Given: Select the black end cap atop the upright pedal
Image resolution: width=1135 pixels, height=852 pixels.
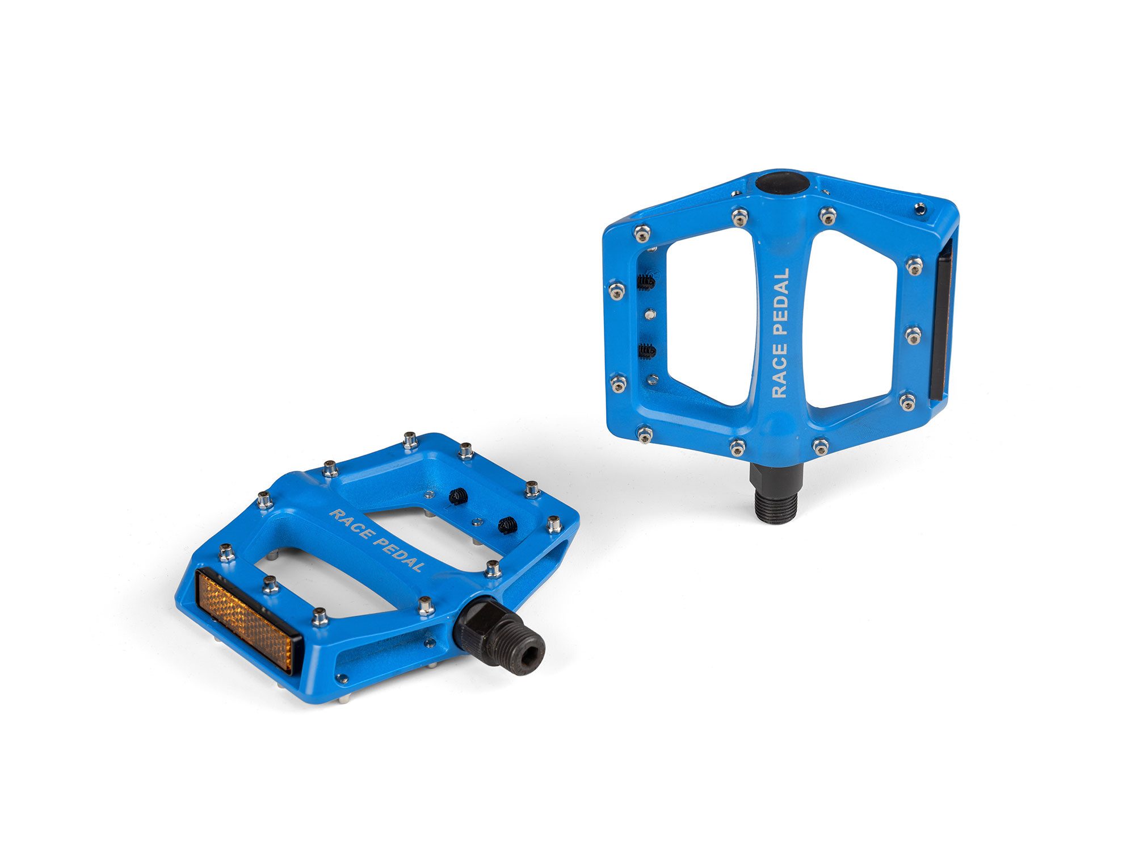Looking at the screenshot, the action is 781,183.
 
